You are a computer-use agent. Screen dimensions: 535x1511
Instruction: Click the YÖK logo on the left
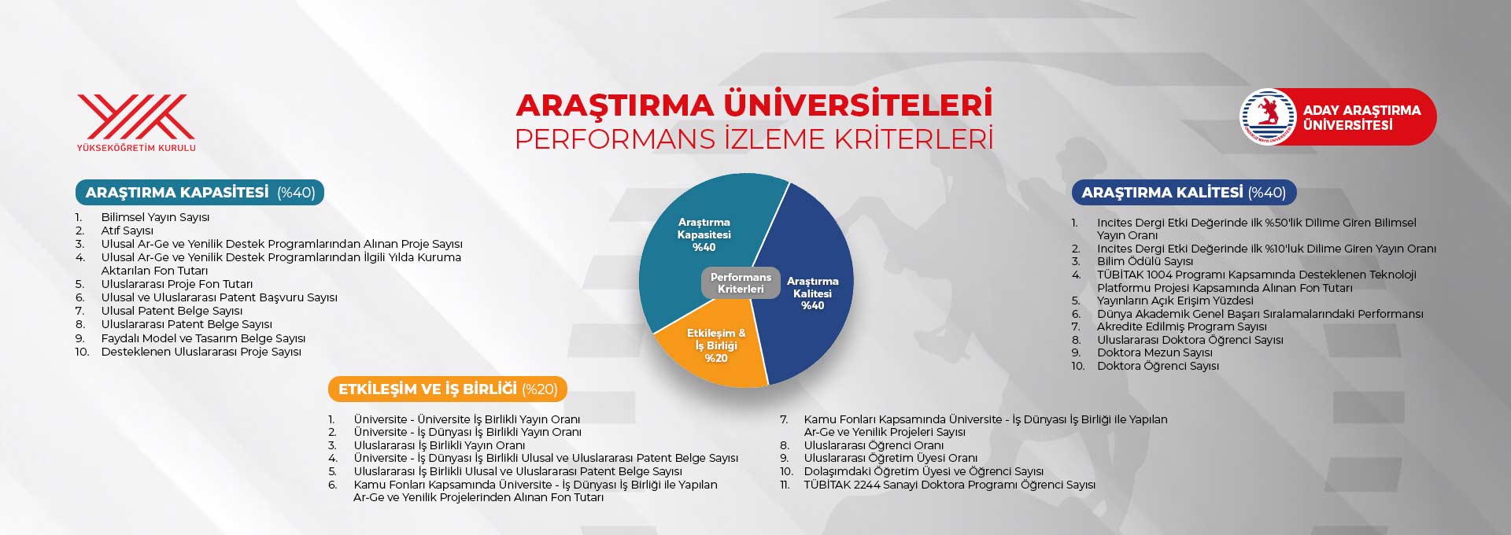(x=136, y=122)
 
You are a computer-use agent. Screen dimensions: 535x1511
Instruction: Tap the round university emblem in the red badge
(x=1268, y=116)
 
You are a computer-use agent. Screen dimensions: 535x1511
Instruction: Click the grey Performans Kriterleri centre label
(x=740, y=283)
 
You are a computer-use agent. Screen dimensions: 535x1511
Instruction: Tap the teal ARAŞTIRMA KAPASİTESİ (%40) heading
(x=200, y=193)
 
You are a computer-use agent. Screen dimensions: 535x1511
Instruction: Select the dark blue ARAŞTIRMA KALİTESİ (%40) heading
(x=1183, y=193)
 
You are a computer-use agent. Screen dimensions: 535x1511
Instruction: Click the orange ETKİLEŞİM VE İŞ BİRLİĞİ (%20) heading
(x=447, y=389)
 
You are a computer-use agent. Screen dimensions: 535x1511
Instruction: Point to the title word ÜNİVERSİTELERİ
(x=858, y=105)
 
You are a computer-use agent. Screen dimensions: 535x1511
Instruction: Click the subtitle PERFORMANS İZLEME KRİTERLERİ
(x=754, y=139)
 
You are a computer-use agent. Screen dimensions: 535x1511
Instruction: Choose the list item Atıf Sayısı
(x=127, y=231)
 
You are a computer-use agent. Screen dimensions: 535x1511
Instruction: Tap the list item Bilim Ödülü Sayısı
(x=1144, y=261)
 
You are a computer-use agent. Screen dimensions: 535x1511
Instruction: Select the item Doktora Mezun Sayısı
(x=1154, y=352)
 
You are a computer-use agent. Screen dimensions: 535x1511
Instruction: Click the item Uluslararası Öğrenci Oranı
(x=873, y=445)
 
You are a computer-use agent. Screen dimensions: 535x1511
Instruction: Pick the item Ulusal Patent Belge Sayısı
(x=172, y=311)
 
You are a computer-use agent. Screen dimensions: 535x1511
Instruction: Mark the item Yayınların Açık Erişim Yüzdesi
(x=1174, y=301)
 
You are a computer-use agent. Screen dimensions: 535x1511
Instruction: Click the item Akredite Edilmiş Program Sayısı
(x=1181, y=327)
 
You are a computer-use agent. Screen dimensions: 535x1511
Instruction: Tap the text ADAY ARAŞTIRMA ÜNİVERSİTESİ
(x=1361, y=117)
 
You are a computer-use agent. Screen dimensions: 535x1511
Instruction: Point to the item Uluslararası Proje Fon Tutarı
(x=176, y=284)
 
